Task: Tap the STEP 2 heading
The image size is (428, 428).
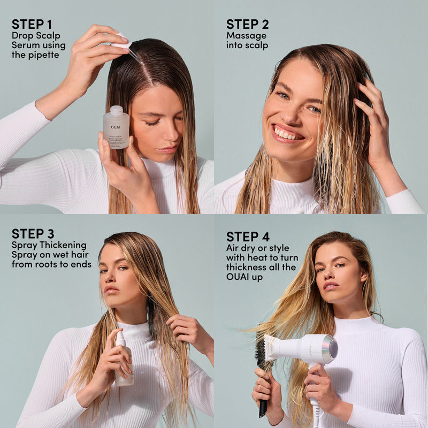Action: point(248,25)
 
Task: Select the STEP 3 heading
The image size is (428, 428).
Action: point(33,234)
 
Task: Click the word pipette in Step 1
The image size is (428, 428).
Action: point(35,55)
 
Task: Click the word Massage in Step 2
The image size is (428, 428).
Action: point(246,36)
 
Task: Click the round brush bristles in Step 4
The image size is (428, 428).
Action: point(261,353)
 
